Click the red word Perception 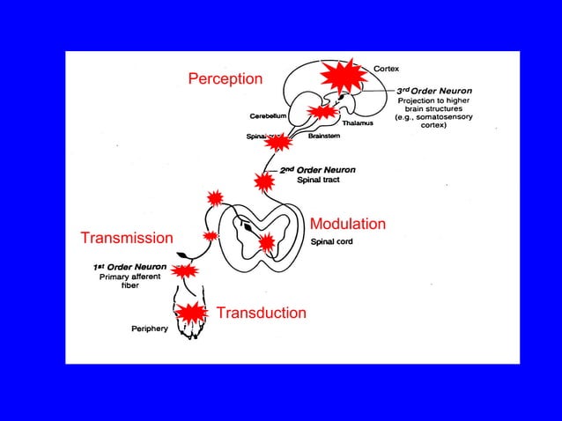tap(225, 79)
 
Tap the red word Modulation tap(347, 224)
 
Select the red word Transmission tap(126, 239)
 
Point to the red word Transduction tap(261, 313)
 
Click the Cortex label tap(390, 68)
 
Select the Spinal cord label tap(333, 240)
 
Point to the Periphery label tap(144, 328)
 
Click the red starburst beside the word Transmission tap(211, 236)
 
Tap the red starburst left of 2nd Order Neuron tap(263, 181)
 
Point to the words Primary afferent tap(129, 277)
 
